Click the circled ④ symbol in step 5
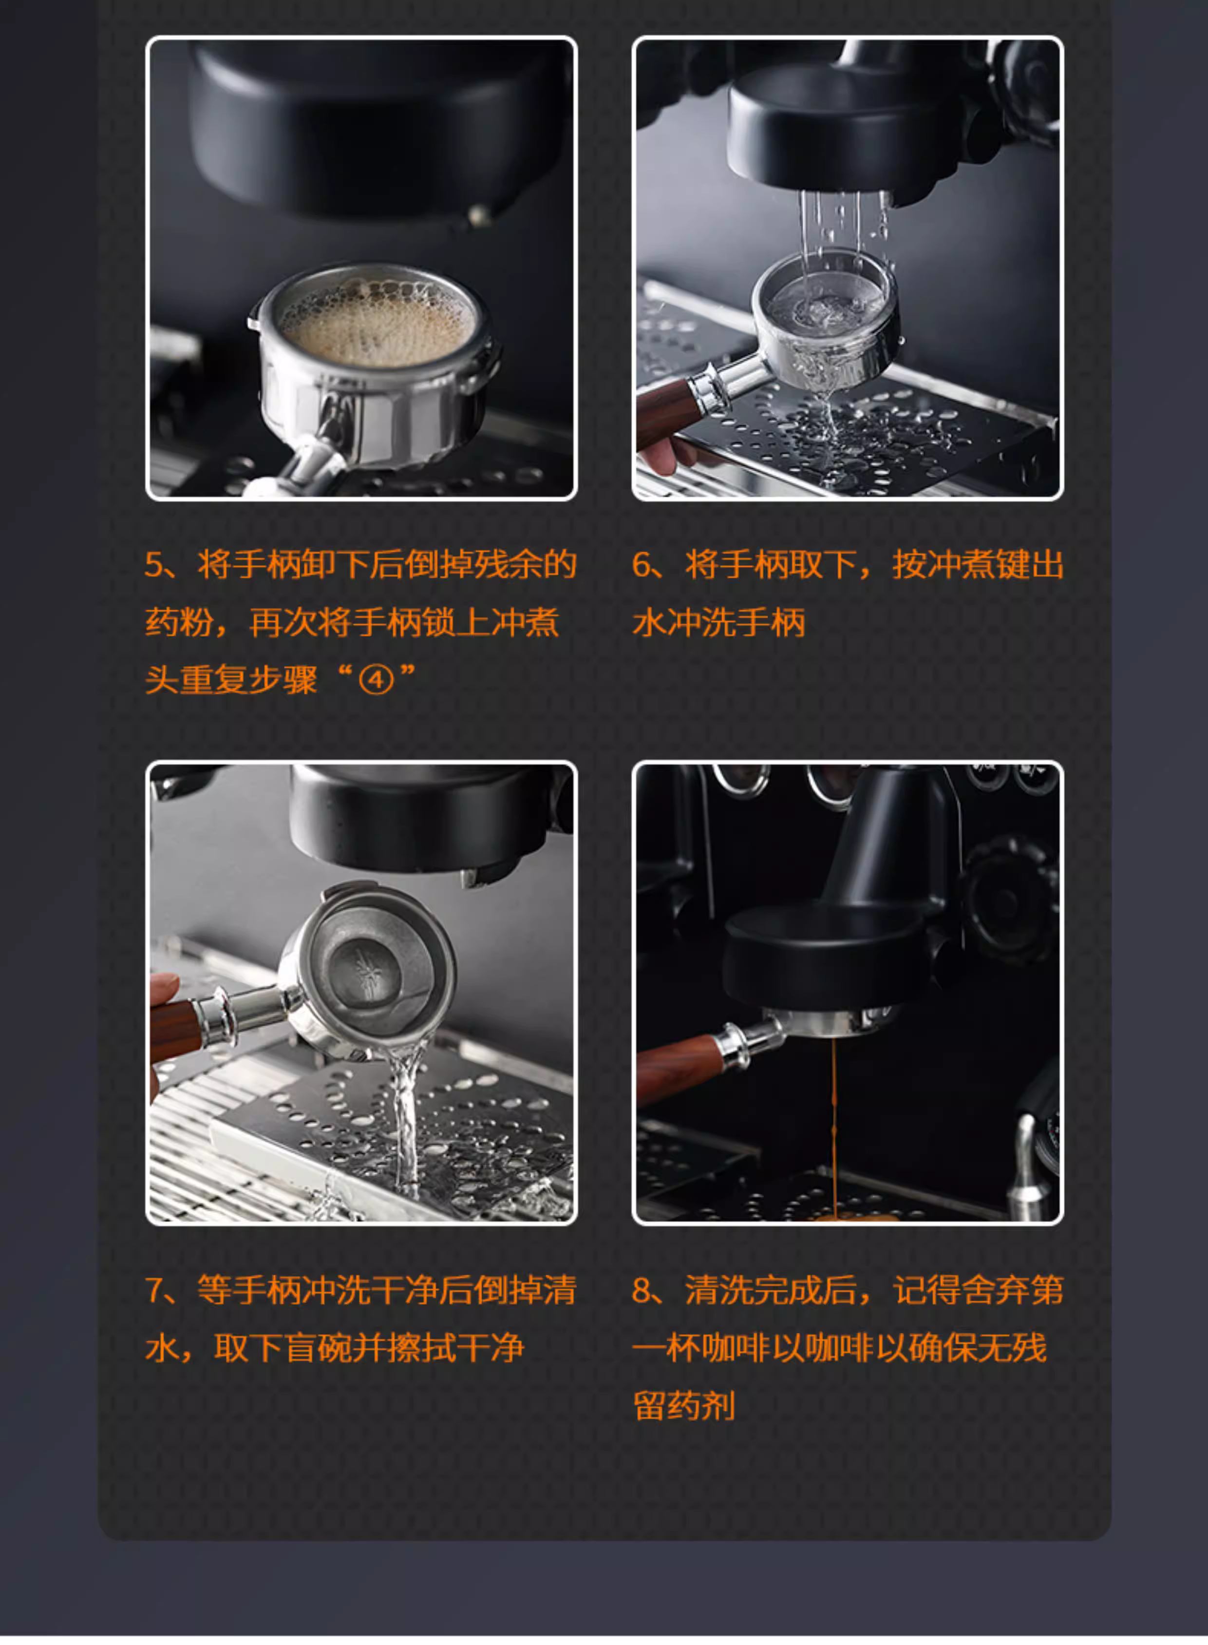(x=376, y=680)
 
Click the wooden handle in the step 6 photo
(x=665, y=413)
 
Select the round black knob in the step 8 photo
(x=1009, y=899)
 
